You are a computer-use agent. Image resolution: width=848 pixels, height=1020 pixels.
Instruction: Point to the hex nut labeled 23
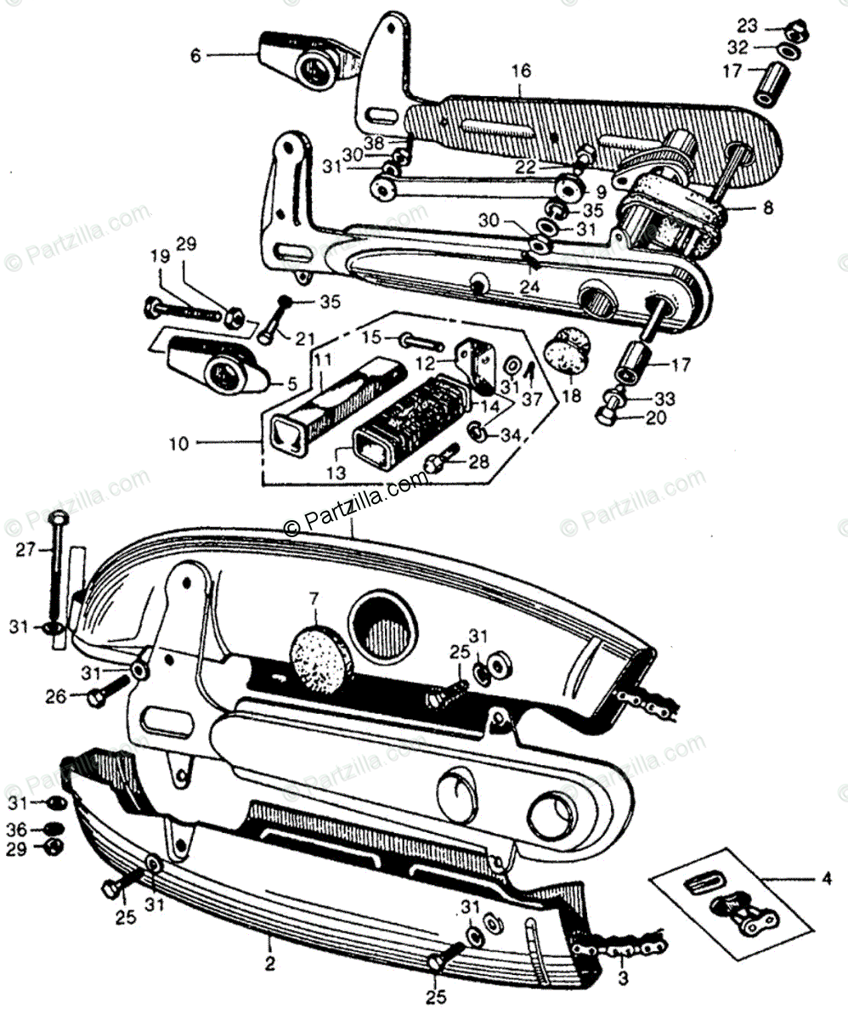coord(796,29)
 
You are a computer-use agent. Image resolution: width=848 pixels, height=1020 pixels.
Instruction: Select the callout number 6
coord(196,56)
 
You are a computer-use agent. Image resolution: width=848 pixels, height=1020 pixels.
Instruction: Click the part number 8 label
coord(767,207)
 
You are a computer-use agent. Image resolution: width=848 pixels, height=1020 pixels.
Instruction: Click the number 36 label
coord(18,829)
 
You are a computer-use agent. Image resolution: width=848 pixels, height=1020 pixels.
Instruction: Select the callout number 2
coord(269,964)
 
